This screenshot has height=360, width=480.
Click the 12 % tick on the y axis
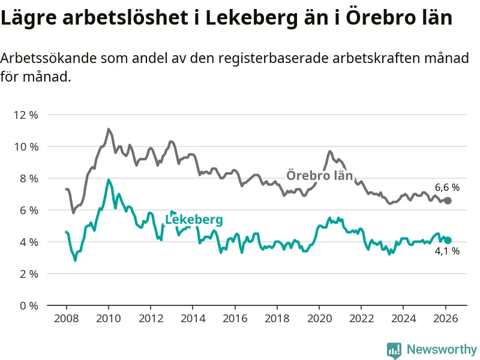click(x=25, y=115)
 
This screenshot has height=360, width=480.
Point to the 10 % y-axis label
click(x=25, y=146)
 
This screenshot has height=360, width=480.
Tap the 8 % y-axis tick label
click(x=28, y=178)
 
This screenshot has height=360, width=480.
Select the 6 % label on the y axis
click(x=28, y=210)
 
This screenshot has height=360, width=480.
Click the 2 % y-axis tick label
click(x=28, y=274)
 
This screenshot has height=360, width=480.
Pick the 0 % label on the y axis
click(x=28, y=305)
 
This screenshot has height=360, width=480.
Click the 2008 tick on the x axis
click(x=66, y=318)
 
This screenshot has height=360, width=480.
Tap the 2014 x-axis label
click(x=193, y=318)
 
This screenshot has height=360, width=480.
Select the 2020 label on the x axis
click(x=319, y=318)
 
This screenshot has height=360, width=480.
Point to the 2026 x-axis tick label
click(x=446, y=318)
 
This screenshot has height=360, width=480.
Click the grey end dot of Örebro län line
click(x=448, y=200)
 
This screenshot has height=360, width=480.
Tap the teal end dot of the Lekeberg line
click(x=448, y=240)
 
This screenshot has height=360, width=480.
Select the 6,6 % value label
click(x=447, y=187)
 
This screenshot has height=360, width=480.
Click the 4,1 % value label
click(x=447, y=251)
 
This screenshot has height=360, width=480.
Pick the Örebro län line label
click(x=319, y=176)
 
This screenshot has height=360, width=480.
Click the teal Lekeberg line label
click(x=194, y=220)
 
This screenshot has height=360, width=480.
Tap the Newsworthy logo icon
click(x=394, y=349)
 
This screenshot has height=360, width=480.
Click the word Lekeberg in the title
click(x=254, y=18)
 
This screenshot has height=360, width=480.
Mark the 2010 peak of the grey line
click(x=109, y=129)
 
